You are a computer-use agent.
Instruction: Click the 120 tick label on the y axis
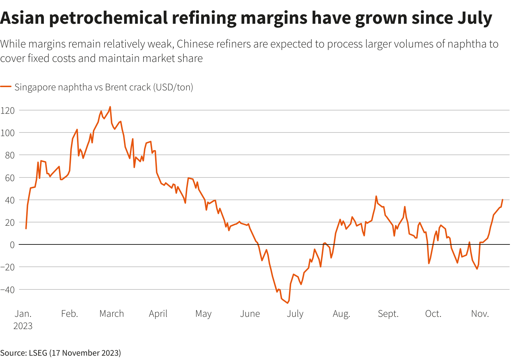pyautogui.click(x=8, y=111)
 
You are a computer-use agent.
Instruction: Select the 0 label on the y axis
pyautogui.click(x=12, y=245)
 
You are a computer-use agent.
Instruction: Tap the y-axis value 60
pyautogui.click(x=10, y=178)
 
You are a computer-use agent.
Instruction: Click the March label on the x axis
pyautogui.click(x=112, y=314)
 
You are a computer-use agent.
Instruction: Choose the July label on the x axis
pyautogui.click(x=295, y=314)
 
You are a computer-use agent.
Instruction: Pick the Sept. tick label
pyautogui.click(x=388, y=314)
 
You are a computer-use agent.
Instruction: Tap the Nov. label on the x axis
pyautogui.click(x=480, y=314)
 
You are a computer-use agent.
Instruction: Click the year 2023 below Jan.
pyautogui.click(x=23, y=326)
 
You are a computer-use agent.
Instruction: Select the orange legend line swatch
pyautogui.click(x=6, y=87)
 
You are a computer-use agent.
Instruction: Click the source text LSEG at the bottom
pyautogui.click(x=38, y=353)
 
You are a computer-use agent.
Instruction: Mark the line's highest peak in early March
pyautogui.click(x=110, y=107)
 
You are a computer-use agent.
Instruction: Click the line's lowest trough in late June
pyautogui.click(x=288, y=303)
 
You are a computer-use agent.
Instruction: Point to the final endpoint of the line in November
pyautogui.click(x=502, y=199)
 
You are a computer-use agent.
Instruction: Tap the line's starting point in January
pyautogui.click(x=26, y=229)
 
